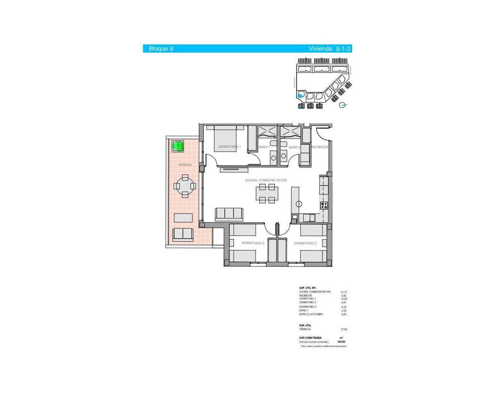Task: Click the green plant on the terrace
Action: click(178, 146)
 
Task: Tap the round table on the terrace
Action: click(185, 186)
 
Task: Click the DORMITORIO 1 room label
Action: click(229, 147)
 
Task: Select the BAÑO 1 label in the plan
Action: click(264, 147)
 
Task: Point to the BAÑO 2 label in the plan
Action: click(294, 147)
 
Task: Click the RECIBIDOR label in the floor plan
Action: click(320, 147)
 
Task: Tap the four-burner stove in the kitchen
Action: click(324, 206)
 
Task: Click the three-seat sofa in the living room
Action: click(229, 214)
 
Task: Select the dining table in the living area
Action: click(267, 193)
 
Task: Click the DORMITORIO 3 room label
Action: click(253, 243)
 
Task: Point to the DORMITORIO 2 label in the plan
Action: click(305, 243)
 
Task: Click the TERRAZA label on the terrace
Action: click(185, 165)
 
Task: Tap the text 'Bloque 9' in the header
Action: click(161, 49)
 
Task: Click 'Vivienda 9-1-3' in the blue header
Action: click(329, 49)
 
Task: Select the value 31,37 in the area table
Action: click(344, 292)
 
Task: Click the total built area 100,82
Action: click(341, 342)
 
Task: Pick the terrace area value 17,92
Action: click(344, 329)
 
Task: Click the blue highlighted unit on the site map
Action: click(300, 96)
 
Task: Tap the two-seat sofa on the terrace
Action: click(183, 234)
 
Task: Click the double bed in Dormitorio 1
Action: click(225, 139)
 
